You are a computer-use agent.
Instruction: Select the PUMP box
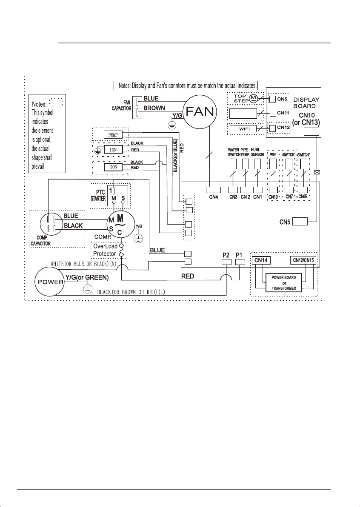coord(113,135)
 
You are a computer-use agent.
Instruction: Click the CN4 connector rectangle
coord(214,190)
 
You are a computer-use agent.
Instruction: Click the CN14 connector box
coord(262,260)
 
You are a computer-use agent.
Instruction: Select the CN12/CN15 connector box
coord(303,260)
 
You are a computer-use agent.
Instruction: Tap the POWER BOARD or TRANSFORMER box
coord(284,283)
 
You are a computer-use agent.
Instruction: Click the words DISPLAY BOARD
coord(306,103)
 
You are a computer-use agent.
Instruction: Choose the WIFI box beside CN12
coord(243,129)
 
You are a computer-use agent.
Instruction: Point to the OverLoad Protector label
coord(105,250)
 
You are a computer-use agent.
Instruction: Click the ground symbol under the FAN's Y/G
coord(174,126)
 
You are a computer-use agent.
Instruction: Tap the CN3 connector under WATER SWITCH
coord(233,190)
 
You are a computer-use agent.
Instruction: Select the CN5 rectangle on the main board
coord(300,222)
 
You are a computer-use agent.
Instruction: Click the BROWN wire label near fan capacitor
coord(154,108)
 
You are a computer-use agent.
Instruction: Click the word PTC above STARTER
coord(100,192)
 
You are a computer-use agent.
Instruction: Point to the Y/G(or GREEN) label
coord(87,277)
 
